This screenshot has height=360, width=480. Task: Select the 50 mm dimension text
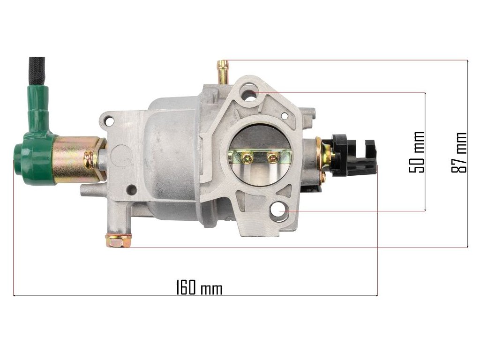tap(417, 152)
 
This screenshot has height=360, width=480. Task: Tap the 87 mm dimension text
tap(459, 152)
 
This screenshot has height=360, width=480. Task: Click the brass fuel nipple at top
tap(224, 72)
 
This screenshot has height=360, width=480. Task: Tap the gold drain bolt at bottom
tap(119, 240)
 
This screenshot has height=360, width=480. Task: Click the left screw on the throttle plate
tap(246, 158)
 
